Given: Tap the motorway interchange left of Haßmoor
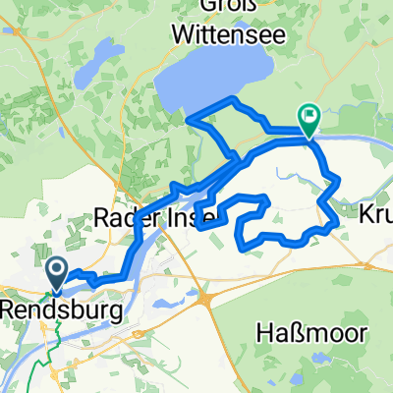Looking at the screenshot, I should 204,297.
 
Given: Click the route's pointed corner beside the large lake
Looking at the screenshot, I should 188,120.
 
